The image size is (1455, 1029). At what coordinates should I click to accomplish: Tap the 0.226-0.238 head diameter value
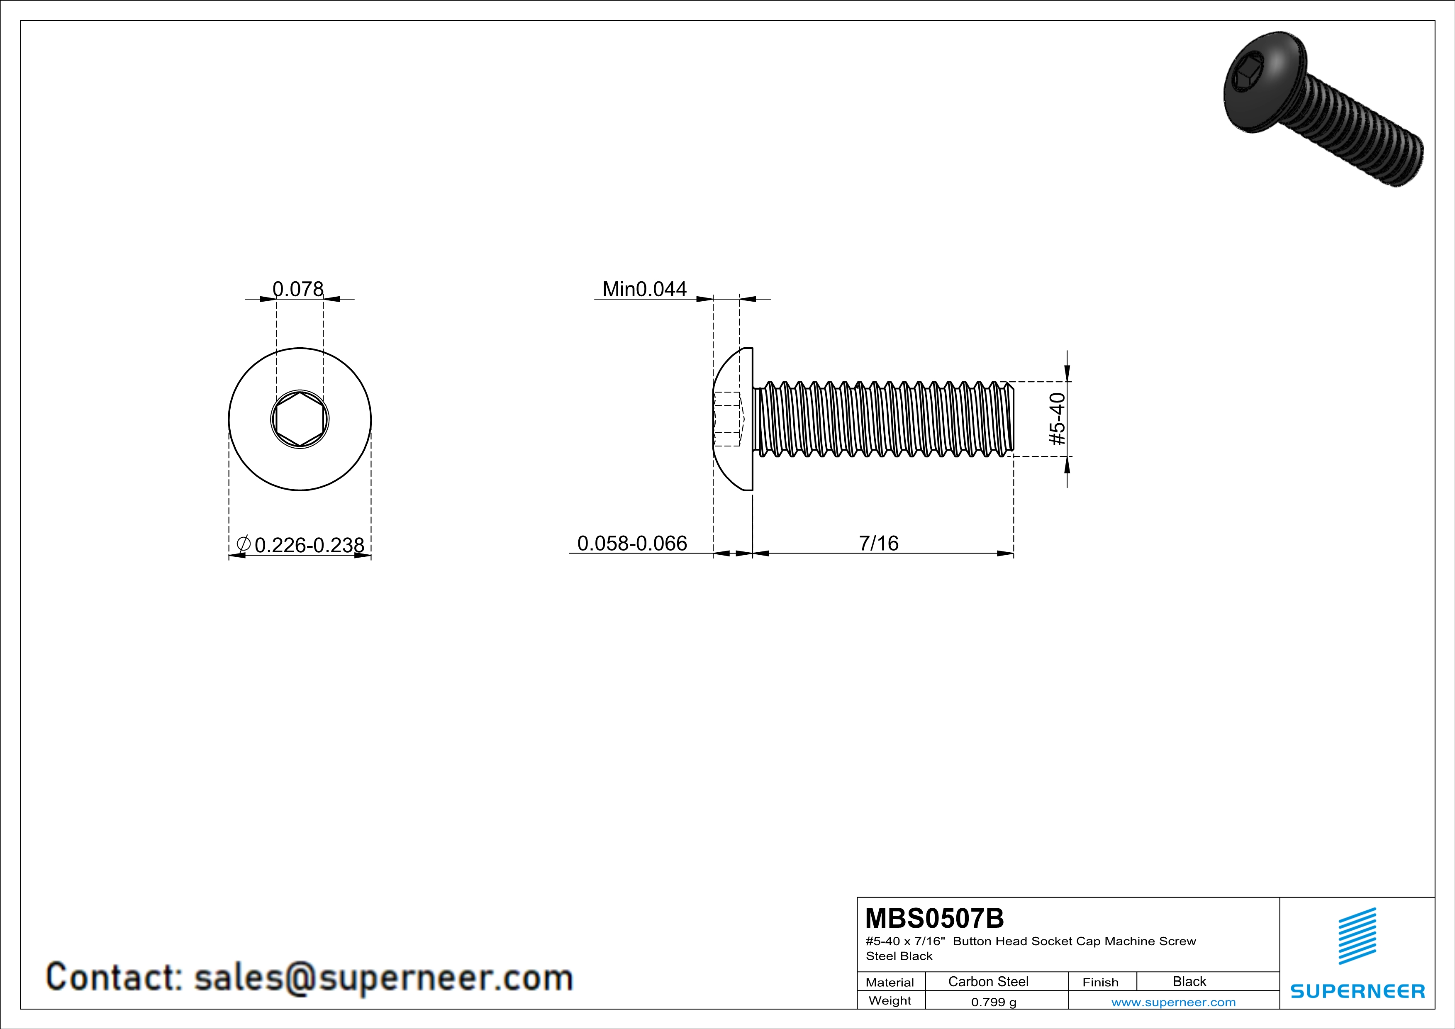(x=309, y=545)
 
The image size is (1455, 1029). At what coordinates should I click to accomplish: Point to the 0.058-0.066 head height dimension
(x=632, y=543)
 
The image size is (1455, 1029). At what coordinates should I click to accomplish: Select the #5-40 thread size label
(x=1058, y=419)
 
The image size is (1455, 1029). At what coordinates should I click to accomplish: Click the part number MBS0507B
(x=934, y=918)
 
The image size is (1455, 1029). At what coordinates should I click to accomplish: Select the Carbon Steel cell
(x=988, y=981)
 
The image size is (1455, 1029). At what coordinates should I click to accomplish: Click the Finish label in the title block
(x=1100, y=982)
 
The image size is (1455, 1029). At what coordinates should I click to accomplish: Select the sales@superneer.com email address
(x=383, y=977)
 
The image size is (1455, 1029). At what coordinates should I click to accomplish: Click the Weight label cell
(x=890, y=1001)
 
